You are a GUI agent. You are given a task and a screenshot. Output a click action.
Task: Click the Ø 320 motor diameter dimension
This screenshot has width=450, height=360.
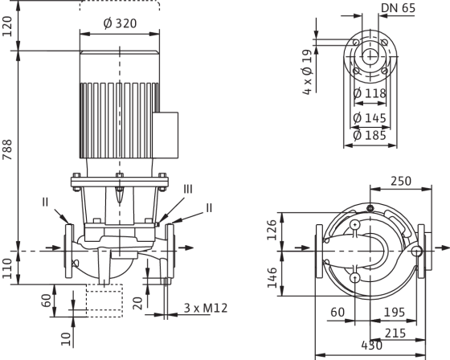(120, 23)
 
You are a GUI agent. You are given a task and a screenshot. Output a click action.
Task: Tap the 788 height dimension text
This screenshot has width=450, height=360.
(7, 149)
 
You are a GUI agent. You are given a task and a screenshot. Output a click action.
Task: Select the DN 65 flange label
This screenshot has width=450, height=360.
(398, 8)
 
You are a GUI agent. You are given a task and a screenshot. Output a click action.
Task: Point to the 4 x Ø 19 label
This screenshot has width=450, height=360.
(307, 72)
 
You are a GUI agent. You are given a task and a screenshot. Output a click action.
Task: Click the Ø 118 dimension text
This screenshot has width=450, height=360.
(370, 93)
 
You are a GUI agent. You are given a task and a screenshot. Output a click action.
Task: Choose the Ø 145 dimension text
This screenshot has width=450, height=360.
(370, 117)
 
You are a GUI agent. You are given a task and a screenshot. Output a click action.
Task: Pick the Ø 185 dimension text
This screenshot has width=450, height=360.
(370, 135)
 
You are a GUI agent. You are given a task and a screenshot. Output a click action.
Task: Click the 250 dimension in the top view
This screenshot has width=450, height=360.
(401, 181)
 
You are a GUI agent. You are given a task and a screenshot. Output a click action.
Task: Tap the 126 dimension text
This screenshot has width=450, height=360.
(272, 230)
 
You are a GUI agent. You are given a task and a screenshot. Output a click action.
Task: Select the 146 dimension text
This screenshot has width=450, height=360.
(272, 277)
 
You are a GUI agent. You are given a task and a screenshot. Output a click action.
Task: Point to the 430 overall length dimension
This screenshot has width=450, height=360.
(371, 345)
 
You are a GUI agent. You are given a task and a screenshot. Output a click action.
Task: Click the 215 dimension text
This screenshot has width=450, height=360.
(395, 333)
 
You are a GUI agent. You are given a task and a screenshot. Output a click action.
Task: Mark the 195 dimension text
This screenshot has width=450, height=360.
(395, 312)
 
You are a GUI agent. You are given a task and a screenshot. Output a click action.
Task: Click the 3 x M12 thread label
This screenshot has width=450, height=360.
(206, 308)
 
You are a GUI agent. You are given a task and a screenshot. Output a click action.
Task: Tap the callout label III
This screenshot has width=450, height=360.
(188, 190)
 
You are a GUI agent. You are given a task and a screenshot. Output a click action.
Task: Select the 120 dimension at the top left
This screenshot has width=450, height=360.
(7, 27)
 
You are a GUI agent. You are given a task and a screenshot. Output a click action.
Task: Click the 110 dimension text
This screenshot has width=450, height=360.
(7, 268)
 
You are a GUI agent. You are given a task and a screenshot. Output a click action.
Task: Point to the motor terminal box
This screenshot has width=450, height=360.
(166, 135)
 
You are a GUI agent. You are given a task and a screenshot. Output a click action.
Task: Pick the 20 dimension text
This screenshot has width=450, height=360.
(138, 304)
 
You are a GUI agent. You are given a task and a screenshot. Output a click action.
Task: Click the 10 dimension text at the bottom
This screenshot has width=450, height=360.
(66, 339)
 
